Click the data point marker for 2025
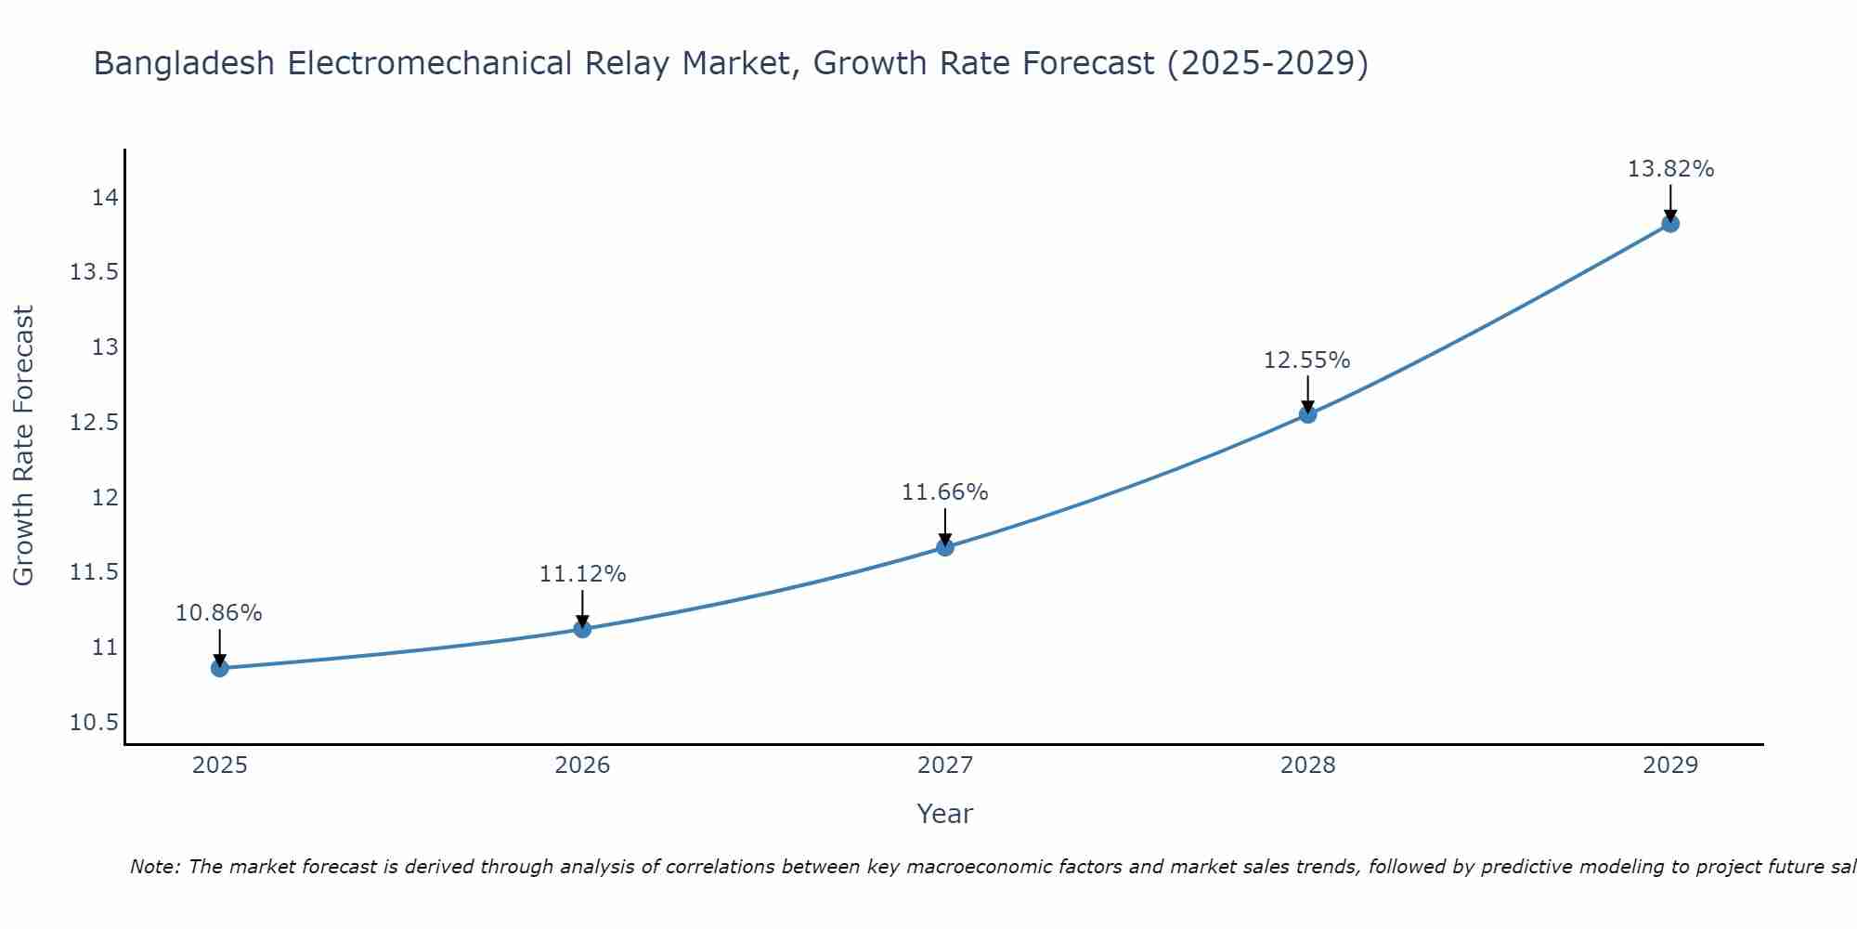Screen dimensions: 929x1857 [219, 668]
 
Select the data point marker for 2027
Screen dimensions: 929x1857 [944, 547]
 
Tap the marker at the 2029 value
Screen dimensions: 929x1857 [1669, 223]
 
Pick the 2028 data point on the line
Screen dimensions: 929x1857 [1307, 414]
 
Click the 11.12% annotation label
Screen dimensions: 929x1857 [582, 574]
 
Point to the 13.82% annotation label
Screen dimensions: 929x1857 [1669, 169]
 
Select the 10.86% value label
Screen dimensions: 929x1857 [219, 613]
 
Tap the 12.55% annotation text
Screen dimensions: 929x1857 [1306, 360]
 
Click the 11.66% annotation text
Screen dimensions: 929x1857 [944, 492]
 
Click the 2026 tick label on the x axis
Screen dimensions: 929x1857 [582, 765]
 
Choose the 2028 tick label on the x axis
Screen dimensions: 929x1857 [1307, 765]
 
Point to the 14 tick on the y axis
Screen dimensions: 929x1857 [105, 198]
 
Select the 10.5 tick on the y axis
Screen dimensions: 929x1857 [94, 723]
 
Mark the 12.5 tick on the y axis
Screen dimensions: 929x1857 [94, 423]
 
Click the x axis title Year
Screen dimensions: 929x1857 [944, 814]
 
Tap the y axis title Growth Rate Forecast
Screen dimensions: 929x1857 [23, 446]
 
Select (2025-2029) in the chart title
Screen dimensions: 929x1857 [1266, 63]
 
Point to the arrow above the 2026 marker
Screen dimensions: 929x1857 [582, 608]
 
